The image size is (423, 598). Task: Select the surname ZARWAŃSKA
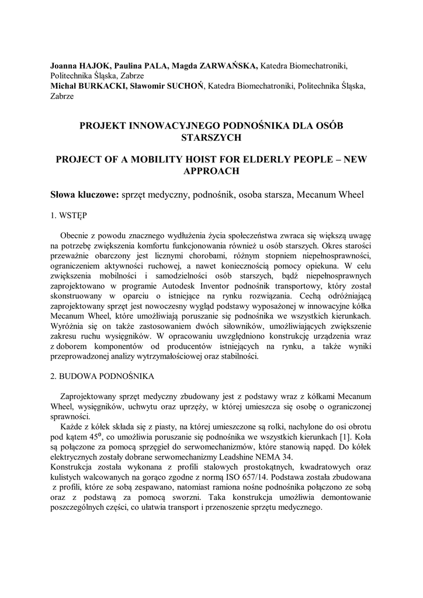click(230, 66)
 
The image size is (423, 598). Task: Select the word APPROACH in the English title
click(211, 171)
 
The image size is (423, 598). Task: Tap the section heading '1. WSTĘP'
click(68, 215)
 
